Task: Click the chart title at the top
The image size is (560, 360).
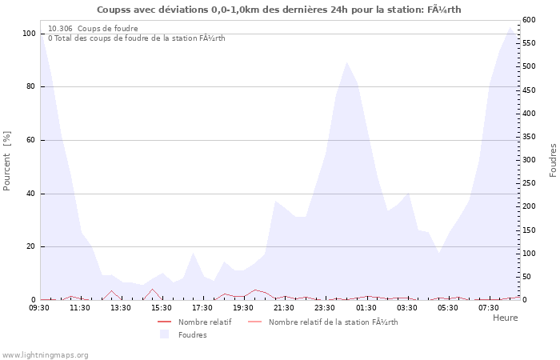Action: click(x=279, y=10)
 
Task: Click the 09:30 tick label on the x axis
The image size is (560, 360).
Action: click(x=40, y=307)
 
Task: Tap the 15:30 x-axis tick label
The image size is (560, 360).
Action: click(x=162, y=307)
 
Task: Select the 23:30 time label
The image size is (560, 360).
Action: click(x=326, y=307)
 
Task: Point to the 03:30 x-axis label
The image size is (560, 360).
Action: click(x=407, y=307)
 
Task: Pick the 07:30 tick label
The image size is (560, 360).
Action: click(x=489, y=307)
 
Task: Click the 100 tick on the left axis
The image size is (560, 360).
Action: click(x=29, y=34)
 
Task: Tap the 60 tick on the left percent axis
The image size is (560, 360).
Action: click(x=30, y=140)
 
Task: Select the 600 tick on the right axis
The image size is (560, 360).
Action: click(x=529, y=20)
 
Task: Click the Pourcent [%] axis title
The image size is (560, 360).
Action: click(x=7, y=161)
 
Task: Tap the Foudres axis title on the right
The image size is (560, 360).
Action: click(x=553, y=160)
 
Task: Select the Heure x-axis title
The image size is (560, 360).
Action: click(x=505, y=318)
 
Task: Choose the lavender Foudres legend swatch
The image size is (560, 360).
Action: click(x=165, y=334)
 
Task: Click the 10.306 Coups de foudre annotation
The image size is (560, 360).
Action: click(x=93, y=28)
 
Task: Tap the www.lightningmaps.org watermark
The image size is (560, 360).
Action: click(x=45, y=354)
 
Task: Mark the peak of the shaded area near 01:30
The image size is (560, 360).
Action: click(x=346, y=62)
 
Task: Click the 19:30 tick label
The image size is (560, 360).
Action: click(x=244, y=307)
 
